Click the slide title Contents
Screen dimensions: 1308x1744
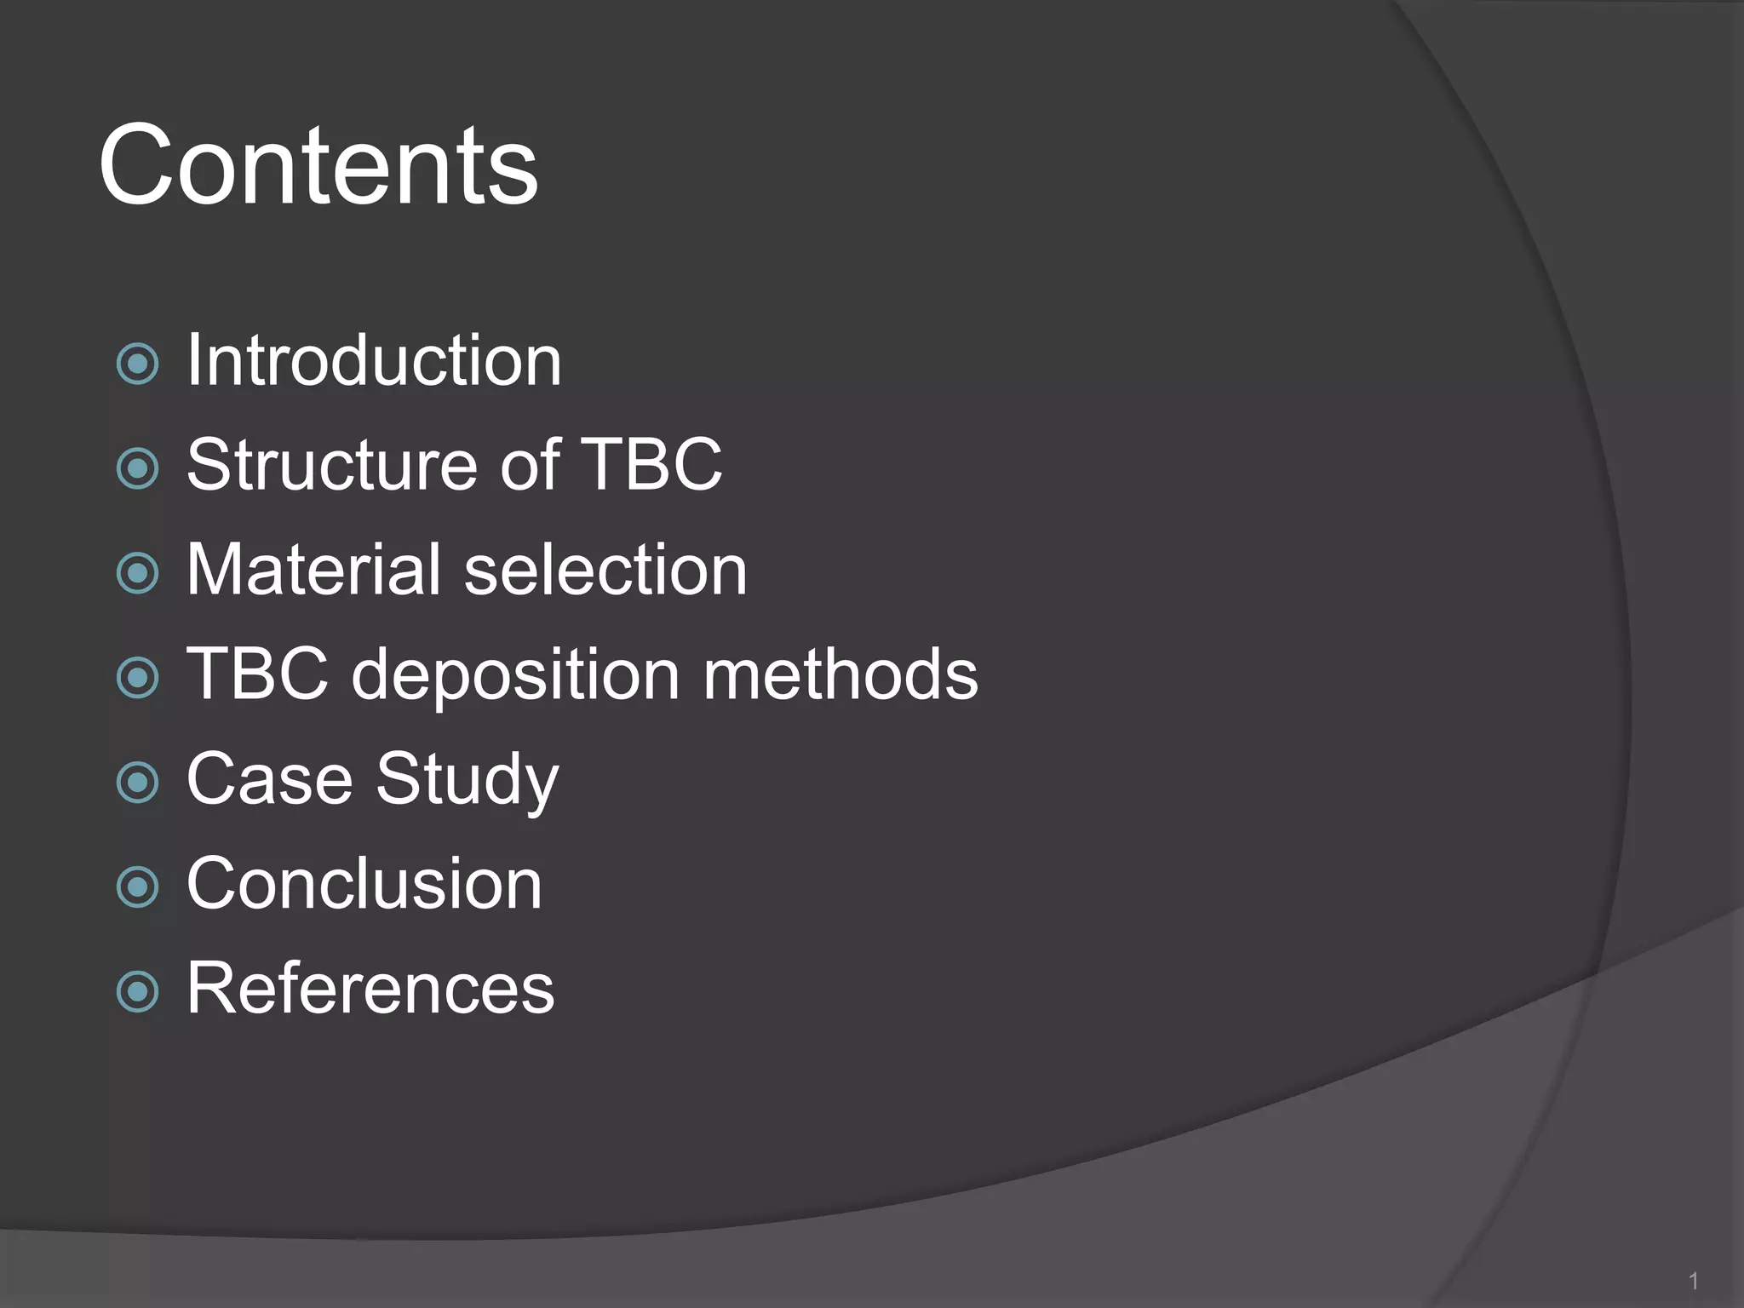(318, 164)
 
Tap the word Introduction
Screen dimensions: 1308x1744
(374, 361)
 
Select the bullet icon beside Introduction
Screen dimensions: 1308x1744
(137, 364)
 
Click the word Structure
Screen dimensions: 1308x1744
(332, 465)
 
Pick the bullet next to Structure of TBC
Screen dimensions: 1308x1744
(137, 468)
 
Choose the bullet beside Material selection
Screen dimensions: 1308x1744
(137, 573)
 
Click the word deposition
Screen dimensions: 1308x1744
(515, 675)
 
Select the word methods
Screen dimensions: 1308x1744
(840, 674)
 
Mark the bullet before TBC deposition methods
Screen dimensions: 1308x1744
(137, 678)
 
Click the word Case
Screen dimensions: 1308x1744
(269, 778)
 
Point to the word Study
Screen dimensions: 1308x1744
(467, 780)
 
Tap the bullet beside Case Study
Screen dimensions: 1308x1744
(137, 783)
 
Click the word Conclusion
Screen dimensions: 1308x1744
(364, 884)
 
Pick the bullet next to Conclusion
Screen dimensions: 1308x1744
(137, 887)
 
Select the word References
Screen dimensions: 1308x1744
(370, 988)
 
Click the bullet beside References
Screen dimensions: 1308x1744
(137, 992)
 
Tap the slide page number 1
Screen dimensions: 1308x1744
(1694, 1281)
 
